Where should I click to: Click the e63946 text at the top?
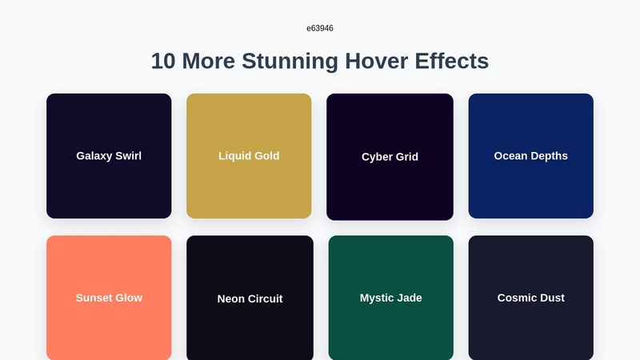click(319, 28)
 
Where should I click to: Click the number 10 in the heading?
click(163, 61)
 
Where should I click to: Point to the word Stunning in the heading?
click(290, 61)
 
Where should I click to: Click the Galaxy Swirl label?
click(109, 156)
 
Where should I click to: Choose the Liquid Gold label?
click(249, 156)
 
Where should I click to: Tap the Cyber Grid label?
click(390, 157)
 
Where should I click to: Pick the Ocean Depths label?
click(530, 156)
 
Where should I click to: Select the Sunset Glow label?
click(109, 298)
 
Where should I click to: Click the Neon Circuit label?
click(250, 299)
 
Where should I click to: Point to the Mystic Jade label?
click(390, 298)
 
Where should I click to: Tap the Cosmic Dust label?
click(530, 298)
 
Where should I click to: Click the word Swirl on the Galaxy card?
click(128, 156)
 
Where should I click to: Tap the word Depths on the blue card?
click(550, 156)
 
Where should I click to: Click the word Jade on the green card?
click(408, 298)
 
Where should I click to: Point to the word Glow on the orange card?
click(128, 298)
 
